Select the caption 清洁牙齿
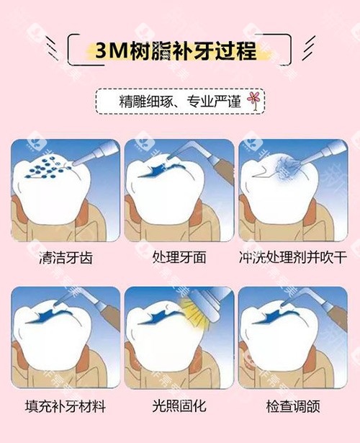pyautogui.click(x=63, y=256)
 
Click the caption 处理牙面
pyautogui.click(x=179, y=256)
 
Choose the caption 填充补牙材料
pyautogui.click(x=63, y=407)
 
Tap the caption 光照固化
pyautogui.click(x=179, y=407)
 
